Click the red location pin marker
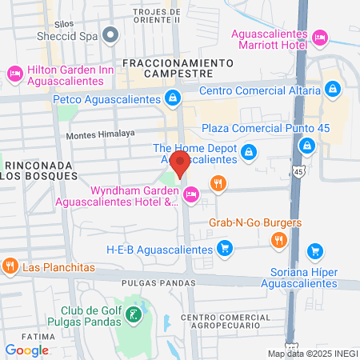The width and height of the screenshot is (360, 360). (x=180, y=163)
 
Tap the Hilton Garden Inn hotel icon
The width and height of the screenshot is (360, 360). (x=14, y=74)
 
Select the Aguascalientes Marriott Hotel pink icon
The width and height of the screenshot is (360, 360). (x=319, y=37)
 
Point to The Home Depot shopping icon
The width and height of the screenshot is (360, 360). (x=249, y=150)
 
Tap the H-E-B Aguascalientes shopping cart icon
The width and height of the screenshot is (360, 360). (x=226, y=250)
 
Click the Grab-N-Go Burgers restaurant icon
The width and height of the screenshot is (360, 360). (x=278, y=239)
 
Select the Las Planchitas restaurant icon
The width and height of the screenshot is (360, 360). (x=10, y=266)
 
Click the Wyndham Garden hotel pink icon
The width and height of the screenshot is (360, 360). (x=192, y=194)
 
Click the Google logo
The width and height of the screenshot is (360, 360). (x=26, y=350)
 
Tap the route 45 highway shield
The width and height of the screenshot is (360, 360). (x=298, y=172)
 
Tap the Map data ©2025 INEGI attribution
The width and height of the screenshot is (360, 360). (x=312, y=354)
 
